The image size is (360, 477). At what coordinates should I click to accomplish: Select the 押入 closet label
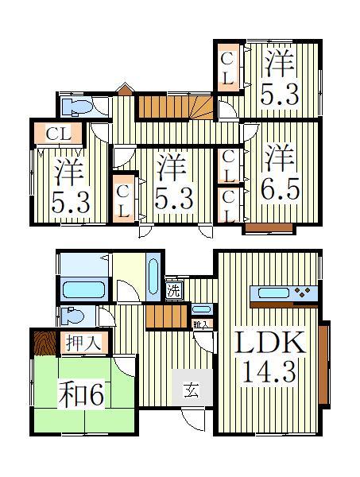coord(83,343)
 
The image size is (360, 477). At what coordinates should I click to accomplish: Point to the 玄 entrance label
coord(192,389)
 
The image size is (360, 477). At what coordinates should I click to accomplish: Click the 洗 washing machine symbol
coord(174,290)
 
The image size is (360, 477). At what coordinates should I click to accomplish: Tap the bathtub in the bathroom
coord(82,287)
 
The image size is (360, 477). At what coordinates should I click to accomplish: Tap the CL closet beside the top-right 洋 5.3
coord(226,68)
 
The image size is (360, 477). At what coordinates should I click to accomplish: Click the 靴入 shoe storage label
coord(201,324)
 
